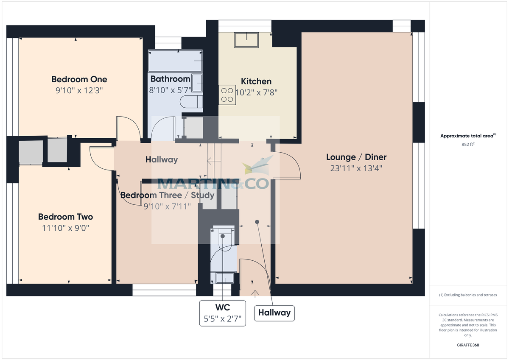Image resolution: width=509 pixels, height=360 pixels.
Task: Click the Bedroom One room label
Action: [79, 79]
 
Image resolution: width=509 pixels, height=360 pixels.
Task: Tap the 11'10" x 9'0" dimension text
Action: [65, 228]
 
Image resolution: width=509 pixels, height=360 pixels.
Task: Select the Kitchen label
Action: [256, 81]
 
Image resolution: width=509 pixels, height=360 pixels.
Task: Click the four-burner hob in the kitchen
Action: [227, 94]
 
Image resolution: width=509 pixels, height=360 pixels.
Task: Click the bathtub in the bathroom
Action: [175, 61]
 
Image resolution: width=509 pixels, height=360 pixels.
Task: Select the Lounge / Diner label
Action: [356, 157]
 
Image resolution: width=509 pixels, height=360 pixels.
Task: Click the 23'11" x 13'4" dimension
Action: [356, 168]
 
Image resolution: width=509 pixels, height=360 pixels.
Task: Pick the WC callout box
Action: [223, 313]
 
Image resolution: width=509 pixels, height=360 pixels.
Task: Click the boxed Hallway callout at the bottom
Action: [274, 313]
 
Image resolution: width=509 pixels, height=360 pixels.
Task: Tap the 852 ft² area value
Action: [468, 144]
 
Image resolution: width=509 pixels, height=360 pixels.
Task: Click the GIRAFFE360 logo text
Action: [468, 345]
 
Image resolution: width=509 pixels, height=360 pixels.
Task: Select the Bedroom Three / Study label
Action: [167, 195]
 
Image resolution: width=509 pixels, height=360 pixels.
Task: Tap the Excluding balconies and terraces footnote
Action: [468, 295]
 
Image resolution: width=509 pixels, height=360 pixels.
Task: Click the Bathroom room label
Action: [170, 79]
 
